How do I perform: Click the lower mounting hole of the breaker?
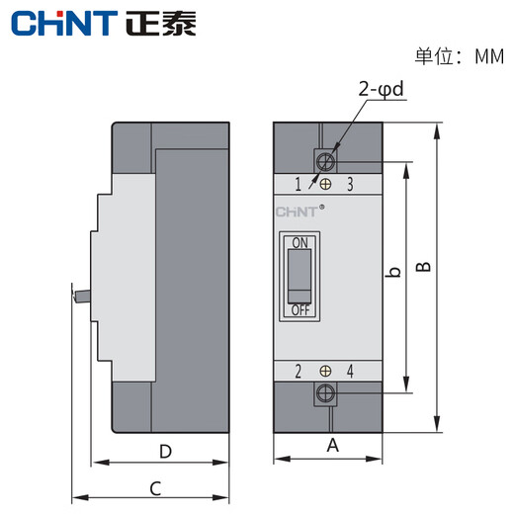point(325,395)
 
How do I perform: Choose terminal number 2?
point(299,372)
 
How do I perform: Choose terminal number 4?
point(351,372)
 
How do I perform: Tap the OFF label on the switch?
point(300,310)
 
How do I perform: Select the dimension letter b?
point(392,273)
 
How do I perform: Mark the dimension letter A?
point(332,446)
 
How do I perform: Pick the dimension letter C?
point(155,487)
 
